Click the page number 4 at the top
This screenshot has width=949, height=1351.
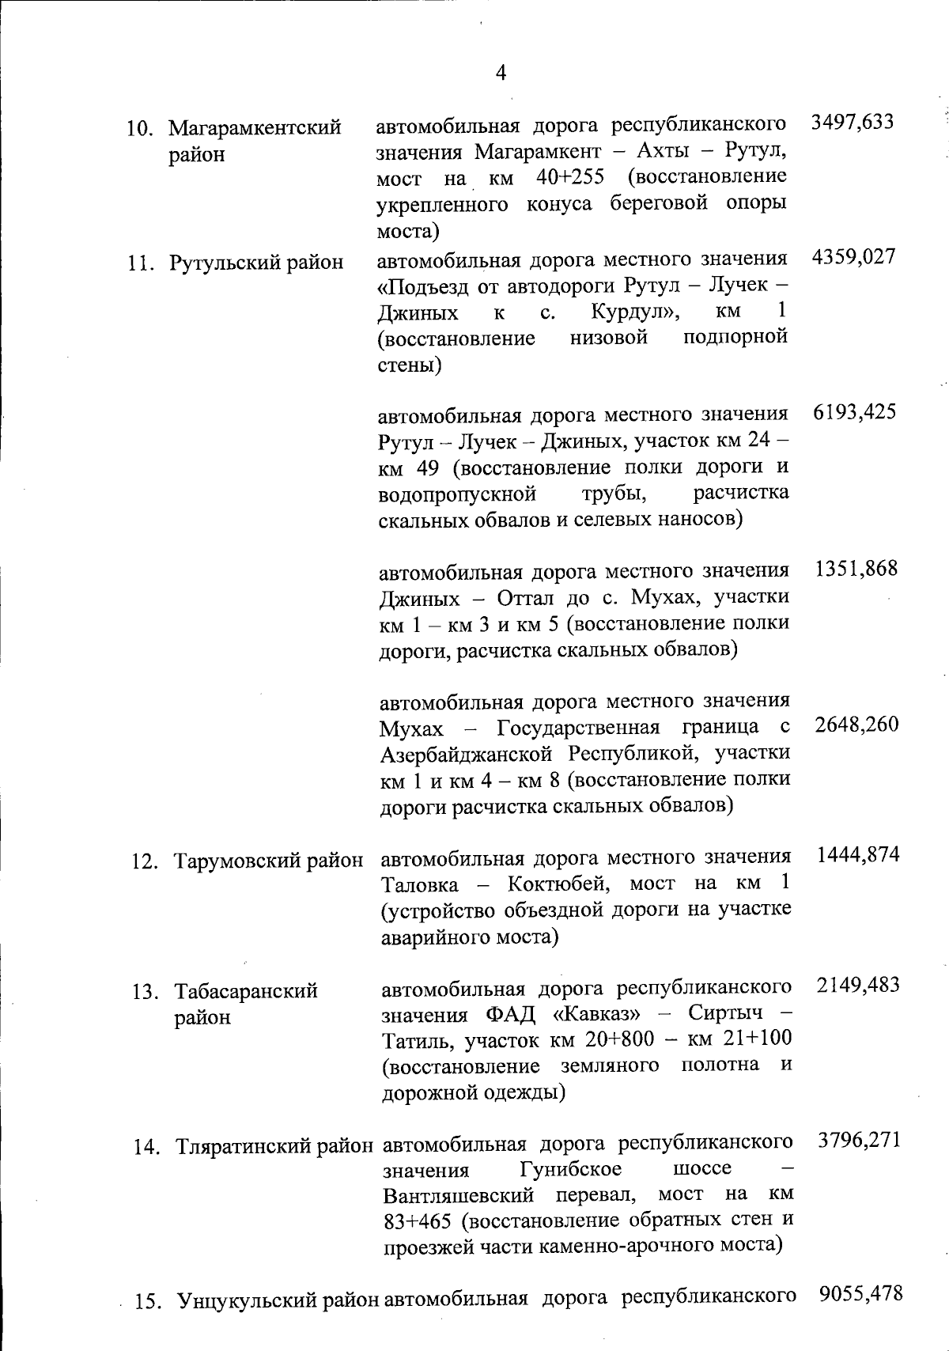(500, 74)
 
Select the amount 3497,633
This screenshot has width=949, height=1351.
(852, 122)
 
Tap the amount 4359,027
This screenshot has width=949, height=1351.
(853, 257)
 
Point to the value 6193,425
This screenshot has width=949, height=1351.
(854, 412)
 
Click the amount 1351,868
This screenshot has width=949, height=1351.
(856, 569)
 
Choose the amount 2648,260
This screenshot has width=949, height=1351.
(856, 725)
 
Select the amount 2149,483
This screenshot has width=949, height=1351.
(858, 985)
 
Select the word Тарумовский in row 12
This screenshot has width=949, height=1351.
(237, 860)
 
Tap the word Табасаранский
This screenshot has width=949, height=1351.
(246, 991)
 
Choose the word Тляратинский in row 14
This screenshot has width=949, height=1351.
(241, 1146)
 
